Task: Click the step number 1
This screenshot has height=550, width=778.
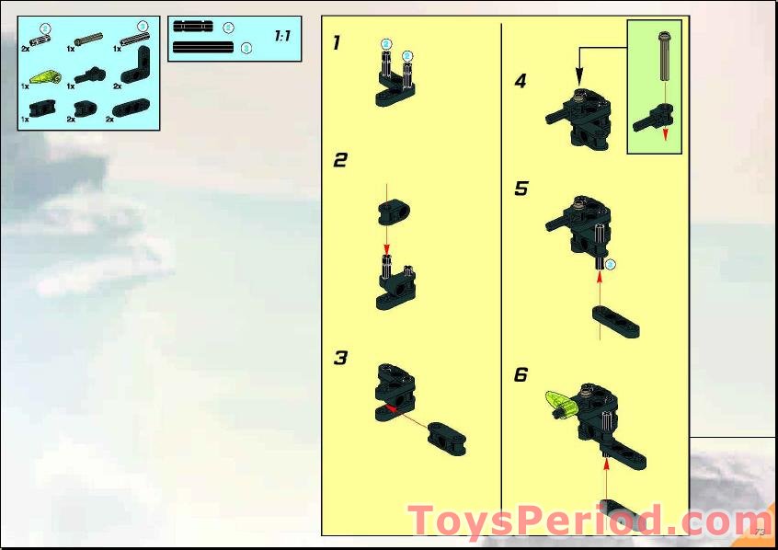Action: pyautogui.click(x=337, y=42)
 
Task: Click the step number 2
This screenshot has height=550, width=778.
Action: pyautogui.click(x=340, y=160)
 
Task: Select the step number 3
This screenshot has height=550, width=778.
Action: pyautogui.click(x=340, y=358)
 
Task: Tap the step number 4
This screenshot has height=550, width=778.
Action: pyautogui.click(x=521, y=81)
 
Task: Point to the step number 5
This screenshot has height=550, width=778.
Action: pyautogui.click(x=521, y=189)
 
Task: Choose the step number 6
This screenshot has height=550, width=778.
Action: pyautogui.click(x=521, y=374)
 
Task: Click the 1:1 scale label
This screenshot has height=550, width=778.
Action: pyautogui.click(x=282, y=36)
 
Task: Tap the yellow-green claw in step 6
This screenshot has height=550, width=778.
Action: pyautogui.click(x=560, y=401)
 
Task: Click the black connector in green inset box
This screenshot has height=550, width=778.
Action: pyautogui.click(x=651, y=118)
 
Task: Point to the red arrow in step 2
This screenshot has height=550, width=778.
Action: pyautogui.click(x=387, y=240)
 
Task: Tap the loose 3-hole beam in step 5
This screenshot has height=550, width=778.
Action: pyautogui.click(x=616, y=321)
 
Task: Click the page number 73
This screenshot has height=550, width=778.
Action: pyautogui.click(x=759, y=532)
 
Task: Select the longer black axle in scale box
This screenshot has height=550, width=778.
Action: pyautogui.click(x=203, y=47)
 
